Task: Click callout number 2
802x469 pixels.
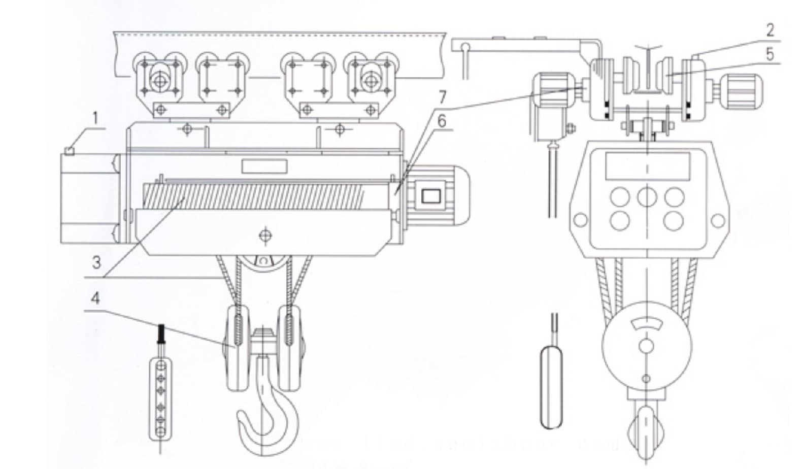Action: tap(770, 30)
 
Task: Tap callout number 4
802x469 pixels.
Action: tap(95, 298)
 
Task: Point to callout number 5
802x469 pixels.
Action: tap(771, 54)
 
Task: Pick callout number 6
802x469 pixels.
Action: tap(441, 121)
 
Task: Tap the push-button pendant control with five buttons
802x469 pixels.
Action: tap(160, 396)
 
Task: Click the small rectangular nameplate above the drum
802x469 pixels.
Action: tap(264, 166)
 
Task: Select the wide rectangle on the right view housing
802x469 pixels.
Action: tap(647, 165)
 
